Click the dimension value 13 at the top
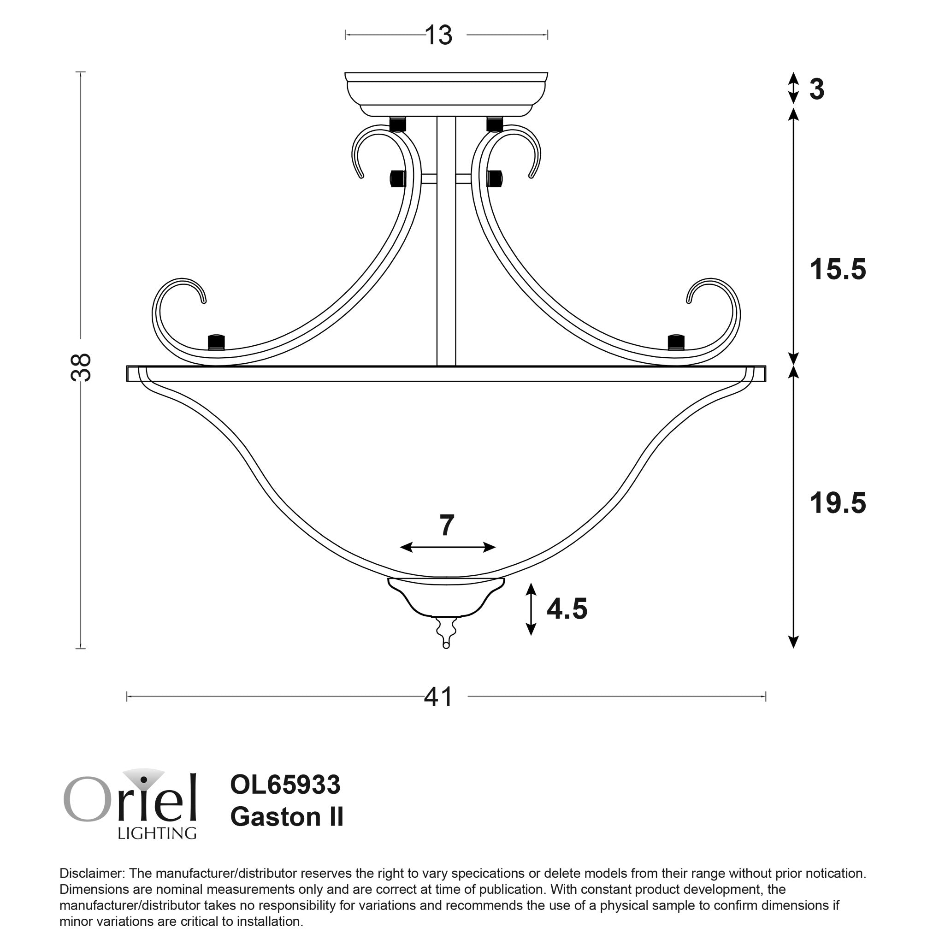[438, 35]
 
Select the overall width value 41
[438, 697]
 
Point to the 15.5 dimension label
[838, 270]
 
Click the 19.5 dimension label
[838, 503]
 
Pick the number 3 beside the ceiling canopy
[817, 89]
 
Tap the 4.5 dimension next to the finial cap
[567, 609]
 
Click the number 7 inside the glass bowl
[447, 526]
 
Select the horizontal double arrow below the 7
[448, 547]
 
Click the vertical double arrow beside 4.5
[531, 609]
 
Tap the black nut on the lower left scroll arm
[216, 342]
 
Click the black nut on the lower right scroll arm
[676, 342]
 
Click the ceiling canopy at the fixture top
[446, 94]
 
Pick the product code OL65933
[285, 785]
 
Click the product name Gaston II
[287, 817]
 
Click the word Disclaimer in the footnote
[91, 874]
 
